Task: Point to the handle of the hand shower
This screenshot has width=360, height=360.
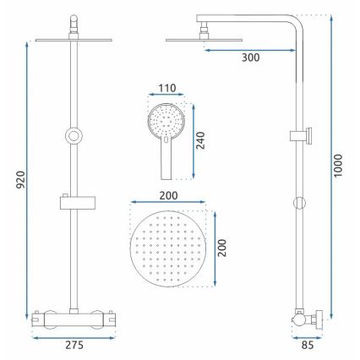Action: point(166,161)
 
